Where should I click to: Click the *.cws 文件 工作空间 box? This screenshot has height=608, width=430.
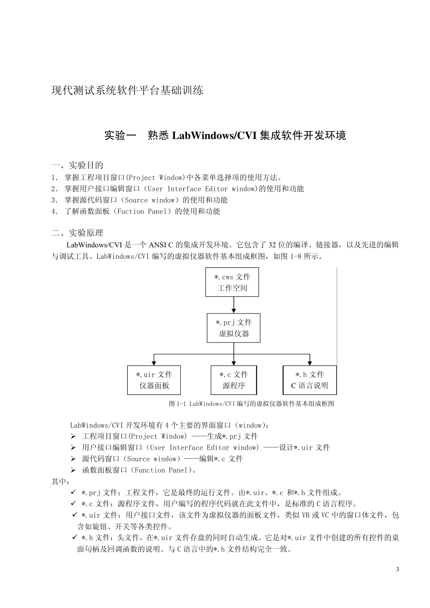232,282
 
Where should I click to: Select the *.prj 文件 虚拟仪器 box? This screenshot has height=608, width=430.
234,328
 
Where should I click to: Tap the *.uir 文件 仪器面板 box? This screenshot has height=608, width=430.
154,380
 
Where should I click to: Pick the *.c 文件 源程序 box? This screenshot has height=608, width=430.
234,380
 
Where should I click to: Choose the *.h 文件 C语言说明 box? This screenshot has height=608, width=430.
310,380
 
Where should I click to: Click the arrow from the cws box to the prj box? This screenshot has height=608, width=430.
234,305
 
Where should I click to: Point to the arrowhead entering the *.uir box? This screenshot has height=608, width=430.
154,362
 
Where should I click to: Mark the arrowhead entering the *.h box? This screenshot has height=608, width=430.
310,362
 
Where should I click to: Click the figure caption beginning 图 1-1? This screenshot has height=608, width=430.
251,404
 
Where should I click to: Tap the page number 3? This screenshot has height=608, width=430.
397,569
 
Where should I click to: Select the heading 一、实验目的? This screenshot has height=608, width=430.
77,165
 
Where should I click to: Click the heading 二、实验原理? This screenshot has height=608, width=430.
77,233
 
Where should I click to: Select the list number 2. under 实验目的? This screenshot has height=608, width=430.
54,189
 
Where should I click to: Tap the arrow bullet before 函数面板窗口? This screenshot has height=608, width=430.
73,470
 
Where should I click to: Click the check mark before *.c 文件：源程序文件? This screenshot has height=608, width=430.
73,503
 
